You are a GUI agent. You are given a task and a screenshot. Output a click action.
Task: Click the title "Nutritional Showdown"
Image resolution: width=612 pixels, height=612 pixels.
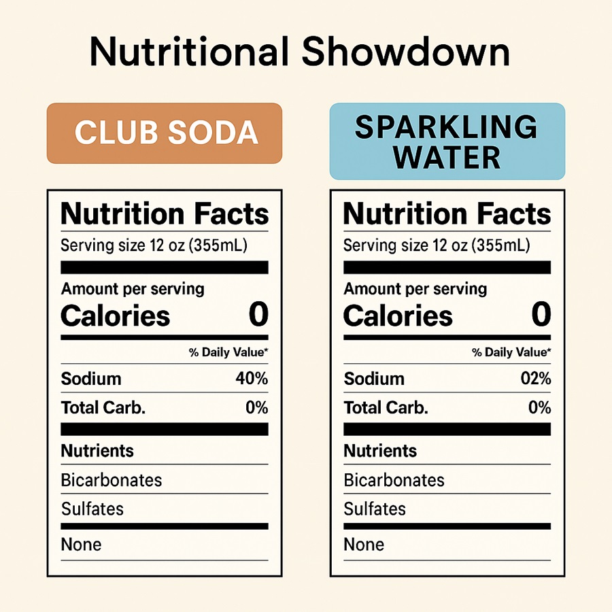299,52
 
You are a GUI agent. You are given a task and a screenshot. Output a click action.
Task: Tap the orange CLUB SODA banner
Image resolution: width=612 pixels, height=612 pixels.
165,133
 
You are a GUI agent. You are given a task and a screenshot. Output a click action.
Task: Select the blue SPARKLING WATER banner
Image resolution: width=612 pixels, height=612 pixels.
447,141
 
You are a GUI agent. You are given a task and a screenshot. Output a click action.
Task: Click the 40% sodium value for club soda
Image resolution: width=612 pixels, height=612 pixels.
251,379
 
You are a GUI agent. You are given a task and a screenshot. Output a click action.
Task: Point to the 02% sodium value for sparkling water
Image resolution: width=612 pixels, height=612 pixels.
534,379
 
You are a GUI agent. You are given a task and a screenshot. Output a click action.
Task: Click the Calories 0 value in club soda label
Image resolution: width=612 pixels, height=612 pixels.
258,316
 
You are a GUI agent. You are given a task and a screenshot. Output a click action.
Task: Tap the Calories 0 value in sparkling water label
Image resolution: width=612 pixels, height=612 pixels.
541,316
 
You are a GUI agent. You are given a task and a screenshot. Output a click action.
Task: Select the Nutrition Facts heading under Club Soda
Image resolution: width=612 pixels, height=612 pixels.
165,214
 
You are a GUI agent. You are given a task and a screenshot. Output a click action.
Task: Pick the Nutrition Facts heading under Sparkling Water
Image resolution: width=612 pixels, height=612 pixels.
447,214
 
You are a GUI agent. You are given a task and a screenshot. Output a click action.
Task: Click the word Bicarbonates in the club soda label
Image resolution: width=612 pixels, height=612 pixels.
112,480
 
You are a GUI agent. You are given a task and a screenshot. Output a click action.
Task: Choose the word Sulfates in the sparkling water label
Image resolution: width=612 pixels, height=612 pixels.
375,509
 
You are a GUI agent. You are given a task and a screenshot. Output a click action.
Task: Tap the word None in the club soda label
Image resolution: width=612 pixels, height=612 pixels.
81,545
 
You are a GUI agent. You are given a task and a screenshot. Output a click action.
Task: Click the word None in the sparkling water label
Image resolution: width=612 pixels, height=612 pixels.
364,545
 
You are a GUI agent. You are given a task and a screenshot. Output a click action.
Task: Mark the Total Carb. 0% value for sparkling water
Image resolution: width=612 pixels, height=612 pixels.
539,408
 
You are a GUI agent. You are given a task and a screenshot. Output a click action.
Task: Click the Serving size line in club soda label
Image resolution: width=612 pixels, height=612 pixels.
154,245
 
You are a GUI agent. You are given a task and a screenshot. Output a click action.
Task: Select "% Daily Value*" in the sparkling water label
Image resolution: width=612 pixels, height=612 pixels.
511,352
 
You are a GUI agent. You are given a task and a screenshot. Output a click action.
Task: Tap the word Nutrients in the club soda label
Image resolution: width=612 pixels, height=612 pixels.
97,451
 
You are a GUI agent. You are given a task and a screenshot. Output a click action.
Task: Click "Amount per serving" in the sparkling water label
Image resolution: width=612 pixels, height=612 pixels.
415,289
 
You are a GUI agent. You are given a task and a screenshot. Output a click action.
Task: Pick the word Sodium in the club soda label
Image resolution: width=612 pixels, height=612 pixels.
91,379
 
